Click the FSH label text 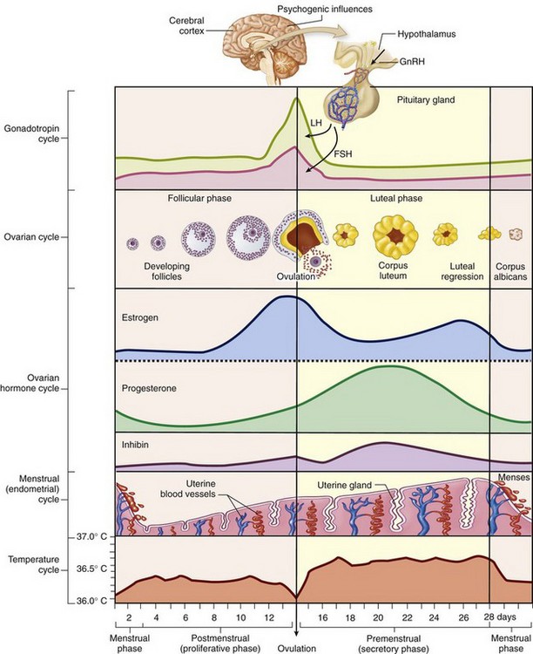[344, 153]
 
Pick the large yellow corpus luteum [395, 235]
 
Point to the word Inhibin [137, 445]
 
